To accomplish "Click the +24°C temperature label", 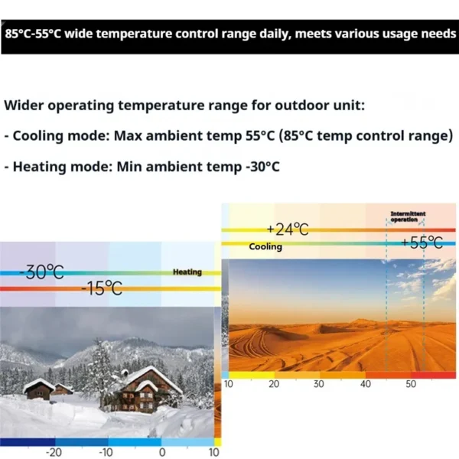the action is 288,229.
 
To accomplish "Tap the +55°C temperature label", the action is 422,243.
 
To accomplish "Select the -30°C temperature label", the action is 42,272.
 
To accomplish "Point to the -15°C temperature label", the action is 102,288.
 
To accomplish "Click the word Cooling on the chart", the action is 265,246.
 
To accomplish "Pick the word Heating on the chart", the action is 187,272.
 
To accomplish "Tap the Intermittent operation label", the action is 408,216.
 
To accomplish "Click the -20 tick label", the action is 54,453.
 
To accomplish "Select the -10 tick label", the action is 106,453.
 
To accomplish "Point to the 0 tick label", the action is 162,453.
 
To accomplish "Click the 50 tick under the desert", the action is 411,384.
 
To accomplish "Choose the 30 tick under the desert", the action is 318,384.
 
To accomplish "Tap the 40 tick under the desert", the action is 366,384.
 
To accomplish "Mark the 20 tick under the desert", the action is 274,384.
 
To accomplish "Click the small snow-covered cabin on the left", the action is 39,389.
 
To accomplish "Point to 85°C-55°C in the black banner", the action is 33,34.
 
